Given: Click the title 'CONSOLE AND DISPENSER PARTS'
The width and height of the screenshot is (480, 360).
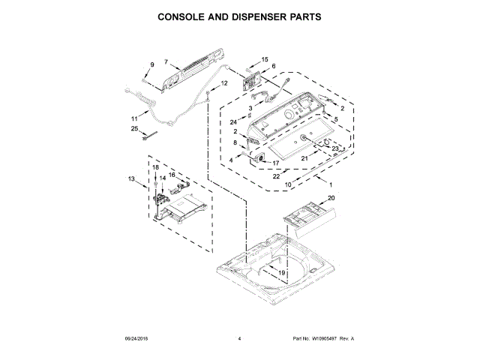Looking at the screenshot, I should coord(239,16).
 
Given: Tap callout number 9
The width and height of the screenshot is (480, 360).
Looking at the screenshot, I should coord(151,65).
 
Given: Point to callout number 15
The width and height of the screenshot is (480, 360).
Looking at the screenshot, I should coord(264,58).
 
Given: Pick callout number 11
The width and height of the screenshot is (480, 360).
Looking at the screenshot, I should coord(134,118).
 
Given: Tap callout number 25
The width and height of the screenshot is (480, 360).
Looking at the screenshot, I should coord(134,129).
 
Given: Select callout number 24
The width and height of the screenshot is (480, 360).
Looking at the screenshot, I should coord(233,121).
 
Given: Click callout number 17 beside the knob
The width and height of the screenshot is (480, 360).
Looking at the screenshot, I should coord(275,163).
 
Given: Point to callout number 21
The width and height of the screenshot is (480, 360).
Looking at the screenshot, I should coord(305,157).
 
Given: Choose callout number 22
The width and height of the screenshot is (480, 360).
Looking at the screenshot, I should coord(277,177).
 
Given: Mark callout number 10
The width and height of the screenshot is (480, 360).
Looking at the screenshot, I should coord(288,184).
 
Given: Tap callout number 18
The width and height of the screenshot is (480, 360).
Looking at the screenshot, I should coord(156,167).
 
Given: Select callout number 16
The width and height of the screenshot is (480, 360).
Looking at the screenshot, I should coord(172,175).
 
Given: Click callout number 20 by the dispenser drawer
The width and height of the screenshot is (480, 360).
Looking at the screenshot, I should coord(331,199).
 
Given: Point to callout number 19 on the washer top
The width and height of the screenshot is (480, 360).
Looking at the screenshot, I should coord(281,272).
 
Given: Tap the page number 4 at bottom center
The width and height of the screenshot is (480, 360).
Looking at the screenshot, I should coord(239,340).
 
